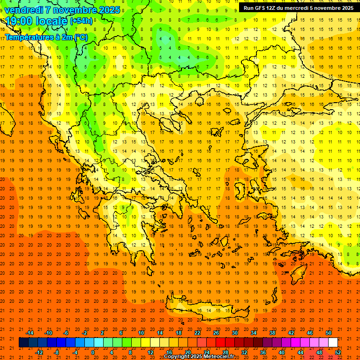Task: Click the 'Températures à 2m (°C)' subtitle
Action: point(45,37)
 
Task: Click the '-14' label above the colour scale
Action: point(30,333)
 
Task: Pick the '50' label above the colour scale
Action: point(328,333)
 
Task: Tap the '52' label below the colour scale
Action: point(338,352)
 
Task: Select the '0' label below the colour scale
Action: point(93,352)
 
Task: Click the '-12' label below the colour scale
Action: point(39,352)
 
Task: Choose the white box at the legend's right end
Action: point(333,343)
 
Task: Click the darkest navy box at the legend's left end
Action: point(23,343)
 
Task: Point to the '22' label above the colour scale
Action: point(197,333)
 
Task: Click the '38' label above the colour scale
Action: point(272,333)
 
